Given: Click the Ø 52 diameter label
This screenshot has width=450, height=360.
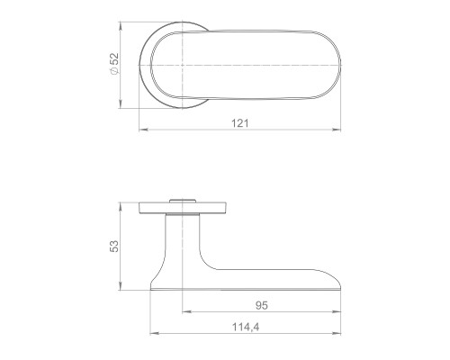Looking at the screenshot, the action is point(115,64).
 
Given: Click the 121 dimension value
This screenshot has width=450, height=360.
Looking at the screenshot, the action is point(240,123).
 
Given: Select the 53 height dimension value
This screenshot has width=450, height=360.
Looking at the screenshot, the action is point(114,247).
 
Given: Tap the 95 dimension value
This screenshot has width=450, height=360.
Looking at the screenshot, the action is point(262,305).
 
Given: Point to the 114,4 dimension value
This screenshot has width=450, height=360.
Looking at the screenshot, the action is point(246,327).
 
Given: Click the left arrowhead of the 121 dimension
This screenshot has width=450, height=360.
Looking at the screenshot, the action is point(143,130).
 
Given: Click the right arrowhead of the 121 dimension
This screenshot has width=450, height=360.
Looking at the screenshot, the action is point(337,130).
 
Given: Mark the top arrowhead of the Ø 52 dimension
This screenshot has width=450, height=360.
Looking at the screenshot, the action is point(120,26).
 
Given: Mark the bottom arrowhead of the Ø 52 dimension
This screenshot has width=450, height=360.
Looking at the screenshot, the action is point(120,103).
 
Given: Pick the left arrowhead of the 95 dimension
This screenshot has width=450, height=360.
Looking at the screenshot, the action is point(186,312).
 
